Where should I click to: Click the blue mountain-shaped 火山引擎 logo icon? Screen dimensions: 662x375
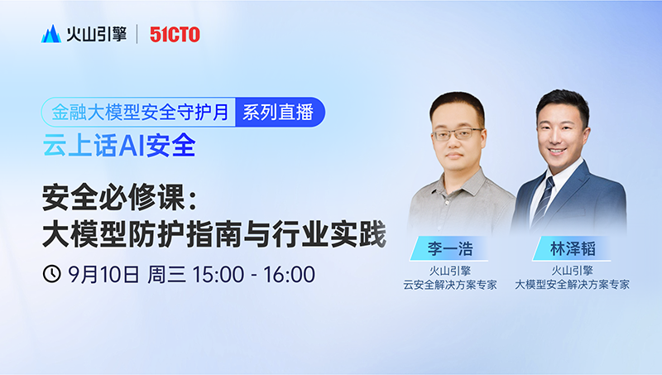point(51,34)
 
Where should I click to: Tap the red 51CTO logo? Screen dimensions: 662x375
point(175,35)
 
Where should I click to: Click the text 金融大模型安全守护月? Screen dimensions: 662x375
point(140,113)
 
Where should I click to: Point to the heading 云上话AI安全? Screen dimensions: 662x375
point(119,145)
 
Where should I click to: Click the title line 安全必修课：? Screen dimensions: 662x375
point(121,197)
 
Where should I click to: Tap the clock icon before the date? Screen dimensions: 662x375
point(52,274)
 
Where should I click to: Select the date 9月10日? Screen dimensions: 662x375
point(104,274)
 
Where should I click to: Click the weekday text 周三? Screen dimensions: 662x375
point(166,274)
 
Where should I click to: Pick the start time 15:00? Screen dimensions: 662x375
point(218,275)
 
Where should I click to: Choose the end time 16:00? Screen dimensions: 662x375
point(290,275)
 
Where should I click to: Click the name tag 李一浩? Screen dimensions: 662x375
point(450,248)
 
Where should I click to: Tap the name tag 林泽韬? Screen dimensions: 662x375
point(573,248)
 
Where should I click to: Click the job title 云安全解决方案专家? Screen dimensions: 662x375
point(450,285)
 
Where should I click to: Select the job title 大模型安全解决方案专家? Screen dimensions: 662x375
point(572,285)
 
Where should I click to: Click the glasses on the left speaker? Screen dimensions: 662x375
point(457,134)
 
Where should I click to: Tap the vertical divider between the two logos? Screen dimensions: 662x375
point(137,34)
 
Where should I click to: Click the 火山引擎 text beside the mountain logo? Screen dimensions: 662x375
point(96,34)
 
